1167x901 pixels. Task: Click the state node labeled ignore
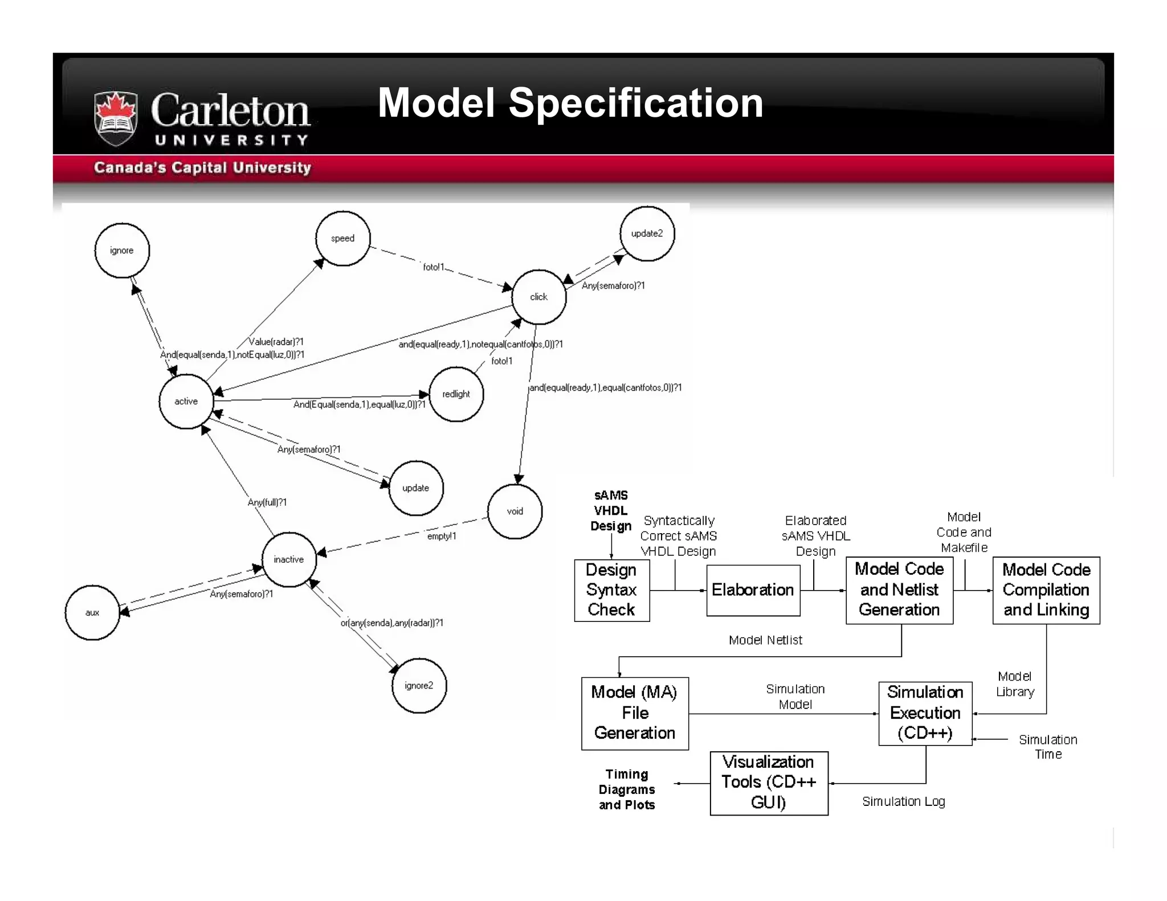[x=122, y=251]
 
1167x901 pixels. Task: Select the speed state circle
[x=343, y=238]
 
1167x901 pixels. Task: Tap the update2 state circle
[x=647, y=234]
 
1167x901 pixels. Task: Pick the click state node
[x=538, y=297]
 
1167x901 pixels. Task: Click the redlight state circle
[x=456, y=394]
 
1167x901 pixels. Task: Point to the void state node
[x=515, y=511]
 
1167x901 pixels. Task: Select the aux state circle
[x=92, y=613]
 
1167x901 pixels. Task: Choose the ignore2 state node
[x=419, y=686]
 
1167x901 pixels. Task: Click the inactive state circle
[x=289, y=559]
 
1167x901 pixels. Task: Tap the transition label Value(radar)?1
[x=276, y=342]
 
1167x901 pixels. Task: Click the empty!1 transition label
[x=442, y=536]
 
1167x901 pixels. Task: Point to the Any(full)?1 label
[x=267, y=502]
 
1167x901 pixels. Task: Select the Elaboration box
[x=753, y=590]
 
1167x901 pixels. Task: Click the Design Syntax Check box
[x=611, y=590]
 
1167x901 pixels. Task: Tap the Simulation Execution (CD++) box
[x=925, y=713]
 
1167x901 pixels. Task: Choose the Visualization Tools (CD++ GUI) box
[x=768, y=783]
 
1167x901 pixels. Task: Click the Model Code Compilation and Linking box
[x=1046, y=590]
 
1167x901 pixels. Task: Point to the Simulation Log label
[x=903, y=801]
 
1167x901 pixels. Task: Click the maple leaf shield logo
[x=116, y=118]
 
